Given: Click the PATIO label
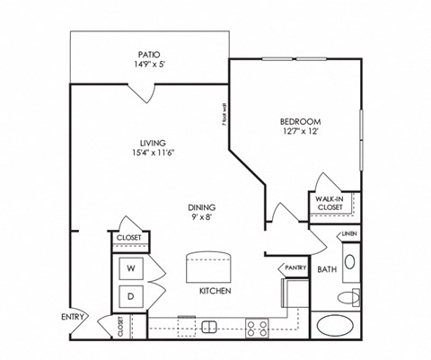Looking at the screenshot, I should [149, 54].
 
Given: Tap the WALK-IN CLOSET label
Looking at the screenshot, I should [329, 203].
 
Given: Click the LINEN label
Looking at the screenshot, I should [348, 236].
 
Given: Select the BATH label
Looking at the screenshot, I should [326, 268].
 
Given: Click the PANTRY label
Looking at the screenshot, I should [295, 268].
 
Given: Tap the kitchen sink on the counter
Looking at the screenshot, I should [208, 325].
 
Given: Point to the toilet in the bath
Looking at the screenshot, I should [348, 296].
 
